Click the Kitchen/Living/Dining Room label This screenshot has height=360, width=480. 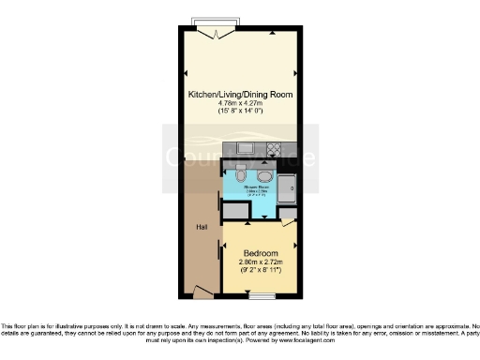239,95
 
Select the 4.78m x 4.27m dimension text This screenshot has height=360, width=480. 239,103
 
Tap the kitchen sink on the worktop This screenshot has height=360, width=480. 247,148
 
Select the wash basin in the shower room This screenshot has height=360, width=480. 265,177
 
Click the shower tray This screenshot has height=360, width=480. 289,187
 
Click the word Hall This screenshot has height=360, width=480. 201,227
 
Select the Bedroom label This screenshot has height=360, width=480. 260,253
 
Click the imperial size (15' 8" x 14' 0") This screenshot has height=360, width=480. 239,112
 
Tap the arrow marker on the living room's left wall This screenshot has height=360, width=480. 185,75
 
